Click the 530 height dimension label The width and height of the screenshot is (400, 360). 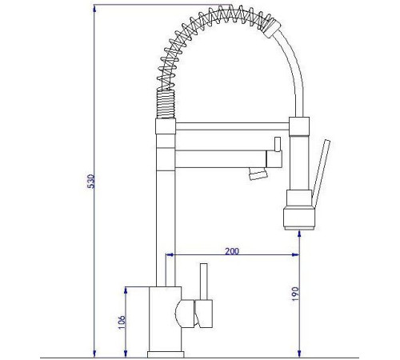91,182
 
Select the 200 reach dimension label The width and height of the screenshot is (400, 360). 232,251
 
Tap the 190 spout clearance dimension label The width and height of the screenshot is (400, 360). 295,294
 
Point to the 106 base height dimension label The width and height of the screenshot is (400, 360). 122,322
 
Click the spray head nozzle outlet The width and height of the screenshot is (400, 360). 300,228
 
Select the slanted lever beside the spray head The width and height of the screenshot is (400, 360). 321,174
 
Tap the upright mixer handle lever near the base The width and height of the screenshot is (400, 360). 204,282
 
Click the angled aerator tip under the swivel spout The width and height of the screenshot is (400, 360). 258,174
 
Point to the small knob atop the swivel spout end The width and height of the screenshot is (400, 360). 278,144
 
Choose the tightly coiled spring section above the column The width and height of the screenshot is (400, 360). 166,104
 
